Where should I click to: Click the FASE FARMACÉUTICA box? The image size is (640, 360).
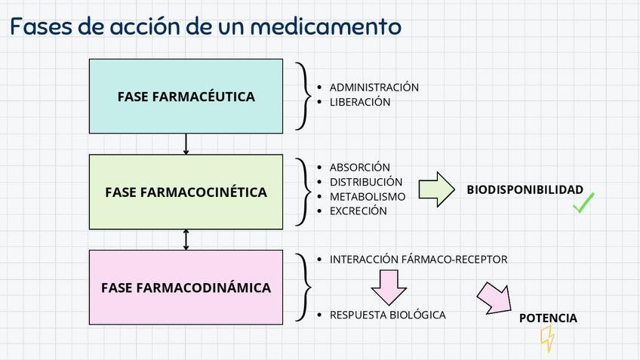click(186, 96)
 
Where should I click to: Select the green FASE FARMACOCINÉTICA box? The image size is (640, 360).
click(186, 192)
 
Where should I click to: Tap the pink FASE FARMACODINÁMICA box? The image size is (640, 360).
click(186, 288)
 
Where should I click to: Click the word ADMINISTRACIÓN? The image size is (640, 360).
click(374, 88)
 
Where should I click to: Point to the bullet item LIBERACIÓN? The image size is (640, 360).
click(360, 102)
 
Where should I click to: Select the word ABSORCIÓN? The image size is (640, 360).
click(360, 168)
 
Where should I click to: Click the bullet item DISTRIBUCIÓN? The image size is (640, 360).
click(366, 182)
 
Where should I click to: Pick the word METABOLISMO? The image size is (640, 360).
click(368, 196)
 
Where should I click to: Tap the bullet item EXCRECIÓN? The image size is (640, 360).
click(358, 211)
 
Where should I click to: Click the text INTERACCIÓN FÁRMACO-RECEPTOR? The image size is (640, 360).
click(418, 260)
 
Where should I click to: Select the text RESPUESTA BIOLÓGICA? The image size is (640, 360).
click(387, 315)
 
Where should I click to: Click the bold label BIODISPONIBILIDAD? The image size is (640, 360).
click(525, 189)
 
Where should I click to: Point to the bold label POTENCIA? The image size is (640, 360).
click(548, 318)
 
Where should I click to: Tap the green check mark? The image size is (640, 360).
click(583, 202)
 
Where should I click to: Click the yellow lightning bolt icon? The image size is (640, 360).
click(547, 339)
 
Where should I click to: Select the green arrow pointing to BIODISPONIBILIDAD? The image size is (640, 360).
click(436, 189)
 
